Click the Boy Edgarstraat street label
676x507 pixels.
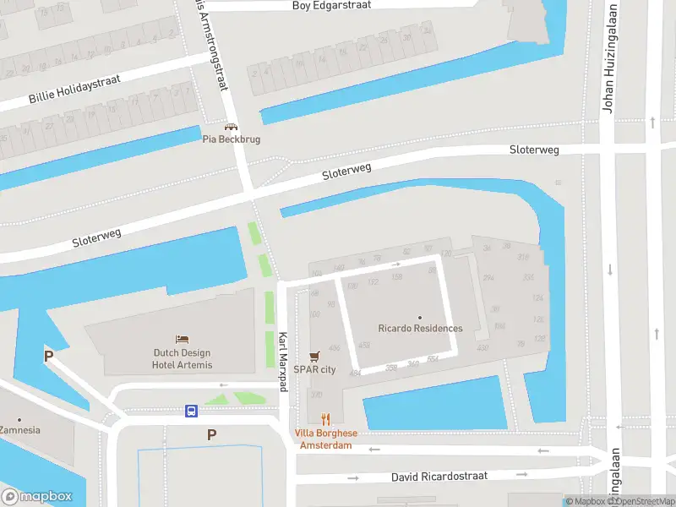332,5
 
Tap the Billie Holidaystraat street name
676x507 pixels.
74,89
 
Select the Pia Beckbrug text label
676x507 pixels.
231,139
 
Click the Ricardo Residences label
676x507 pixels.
420,328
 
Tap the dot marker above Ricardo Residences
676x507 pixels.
420,317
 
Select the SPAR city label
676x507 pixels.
314,369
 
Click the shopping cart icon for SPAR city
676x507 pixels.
314,357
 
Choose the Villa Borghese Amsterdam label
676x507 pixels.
325,439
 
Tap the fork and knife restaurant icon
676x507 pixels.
325,418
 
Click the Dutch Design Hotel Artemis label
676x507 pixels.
182,359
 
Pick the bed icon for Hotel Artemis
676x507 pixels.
182,340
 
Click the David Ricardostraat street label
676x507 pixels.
439,477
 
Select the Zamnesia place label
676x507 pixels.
20,430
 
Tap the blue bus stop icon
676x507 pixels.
192,412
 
